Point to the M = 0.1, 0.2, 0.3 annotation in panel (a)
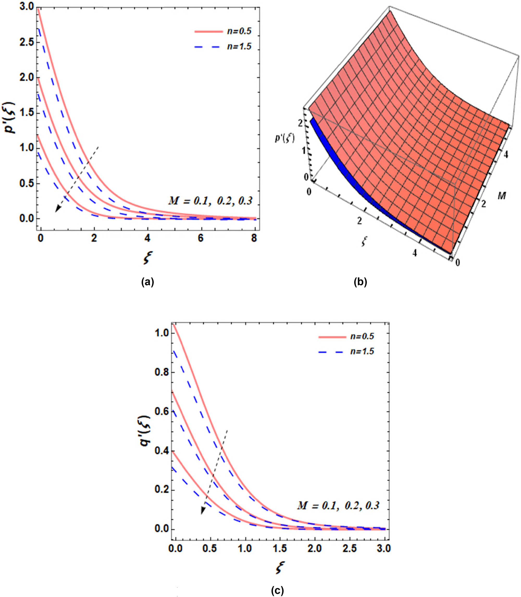coord(210,201)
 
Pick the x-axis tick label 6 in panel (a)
coord(201,239)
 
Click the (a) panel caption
coord(147,282)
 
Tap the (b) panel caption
coord(361,282)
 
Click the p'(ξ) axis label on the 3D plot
coord(285,139)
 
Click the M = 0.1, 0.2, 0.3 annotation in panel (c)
coord(338,506)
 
